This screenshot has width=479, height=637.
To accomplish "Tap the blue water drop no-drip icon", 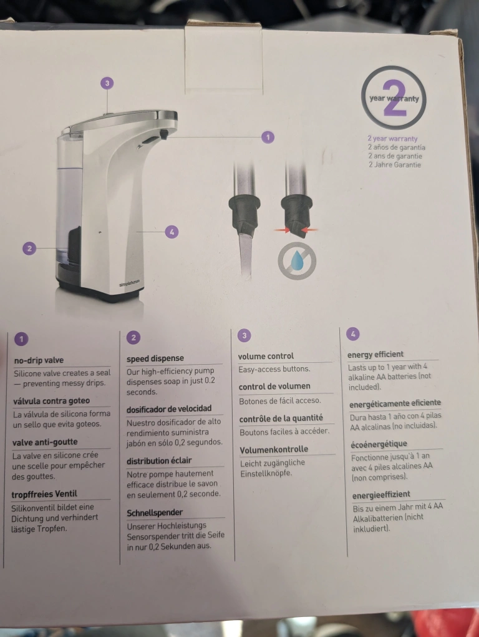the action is click(x=297, y=261).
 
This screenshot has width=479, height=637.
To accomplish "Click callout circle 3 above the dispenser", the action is click(x=107, y=83).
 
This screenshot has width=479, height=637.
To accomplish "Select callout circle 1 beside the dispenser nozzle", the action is click(x=268, y=137).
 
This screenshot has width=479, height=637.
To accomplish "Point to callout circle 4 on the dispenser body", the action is click(x=172, y=232).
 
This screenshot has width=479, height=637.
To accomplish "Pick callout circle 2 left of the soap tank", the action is click(x=29, y=248).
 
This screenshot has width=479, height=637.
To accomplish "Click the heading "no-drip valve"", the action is click(x=39, y=360).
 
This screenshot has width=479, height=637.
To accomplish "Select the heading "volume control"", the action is click(x=266, y=356).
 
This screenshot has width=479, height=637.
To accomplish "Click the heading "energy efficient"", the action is click(x=375, y=354).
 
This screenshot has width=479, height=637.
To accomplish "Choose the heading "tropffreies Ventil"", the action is click(x=44, y=494).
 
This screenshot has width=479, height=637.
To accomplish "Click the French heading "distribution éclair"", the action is click(x=159, y=461).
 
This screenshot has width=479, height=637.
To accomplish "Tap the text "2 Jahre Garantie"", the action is click(x=395, y=164).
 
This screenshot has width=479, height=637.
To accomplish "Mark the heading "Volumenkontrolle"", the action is click(x=274, y=450).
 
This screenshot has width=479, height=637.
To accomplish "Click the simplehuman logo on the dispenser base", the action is click(x=129, y=283).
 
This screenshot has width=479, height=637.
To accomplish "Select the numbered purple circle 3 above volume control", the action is click(x=244, y=335).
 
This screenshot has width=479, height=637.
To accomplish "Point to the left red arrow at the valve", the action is click(x=283, y=230).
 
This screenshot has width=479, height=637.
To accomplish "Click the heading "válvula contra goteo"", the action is click(x=51, y=401).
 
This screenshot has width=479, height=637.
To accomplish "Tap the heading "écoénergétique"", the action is click(x=379, y=443).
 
